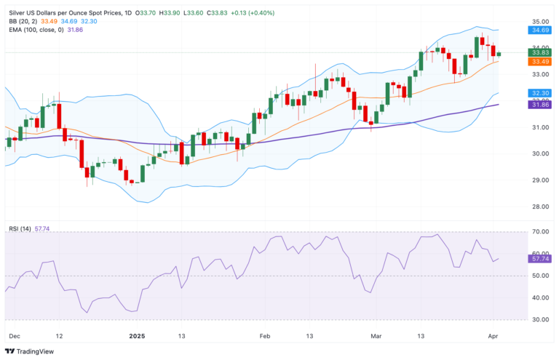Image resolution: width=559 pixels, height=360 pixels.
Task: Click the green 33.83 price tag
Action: pos(539,52)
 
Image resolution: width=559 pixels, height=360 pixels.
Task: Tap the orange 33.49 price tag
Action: pos(539,61)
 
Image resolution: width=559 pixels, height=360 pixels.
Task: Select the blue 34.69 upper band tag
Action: pos(539,30)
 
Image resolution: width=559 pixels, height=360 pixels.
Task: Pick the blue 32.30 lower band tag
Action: pos(539,93)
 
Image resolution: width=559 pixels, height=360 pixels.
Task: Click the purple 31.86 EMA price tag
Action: pos(539,105)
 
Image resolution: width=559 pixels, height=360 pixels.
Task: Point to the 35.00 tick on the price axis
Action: pos(539,21)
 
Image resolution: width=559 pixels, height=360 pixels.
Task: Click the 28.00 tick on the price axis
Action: pos(539,207)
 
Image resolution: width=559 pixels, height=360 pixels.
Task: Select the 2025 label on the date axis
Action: pos(137,336)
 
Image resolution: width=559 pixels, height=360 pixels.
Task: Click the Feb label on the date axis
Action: pos(265,336)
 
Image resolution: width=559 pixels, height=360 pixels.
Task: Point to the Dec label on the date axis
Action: pos(13,336)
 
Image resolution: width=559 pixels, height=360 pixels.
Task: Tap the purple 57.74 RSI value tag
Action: pos(539,258)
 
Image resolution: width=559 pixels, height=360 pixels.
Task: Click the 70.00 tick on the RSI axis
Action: pos(539,232)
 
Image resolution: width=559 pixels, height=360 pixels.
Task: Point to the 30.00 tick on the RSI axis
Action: pos(539,319)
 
